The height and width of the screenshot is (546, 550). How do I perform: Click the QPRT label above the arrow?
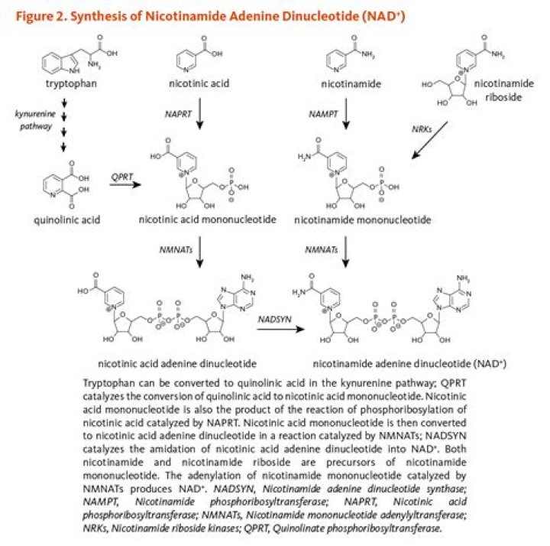(121, 174)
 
